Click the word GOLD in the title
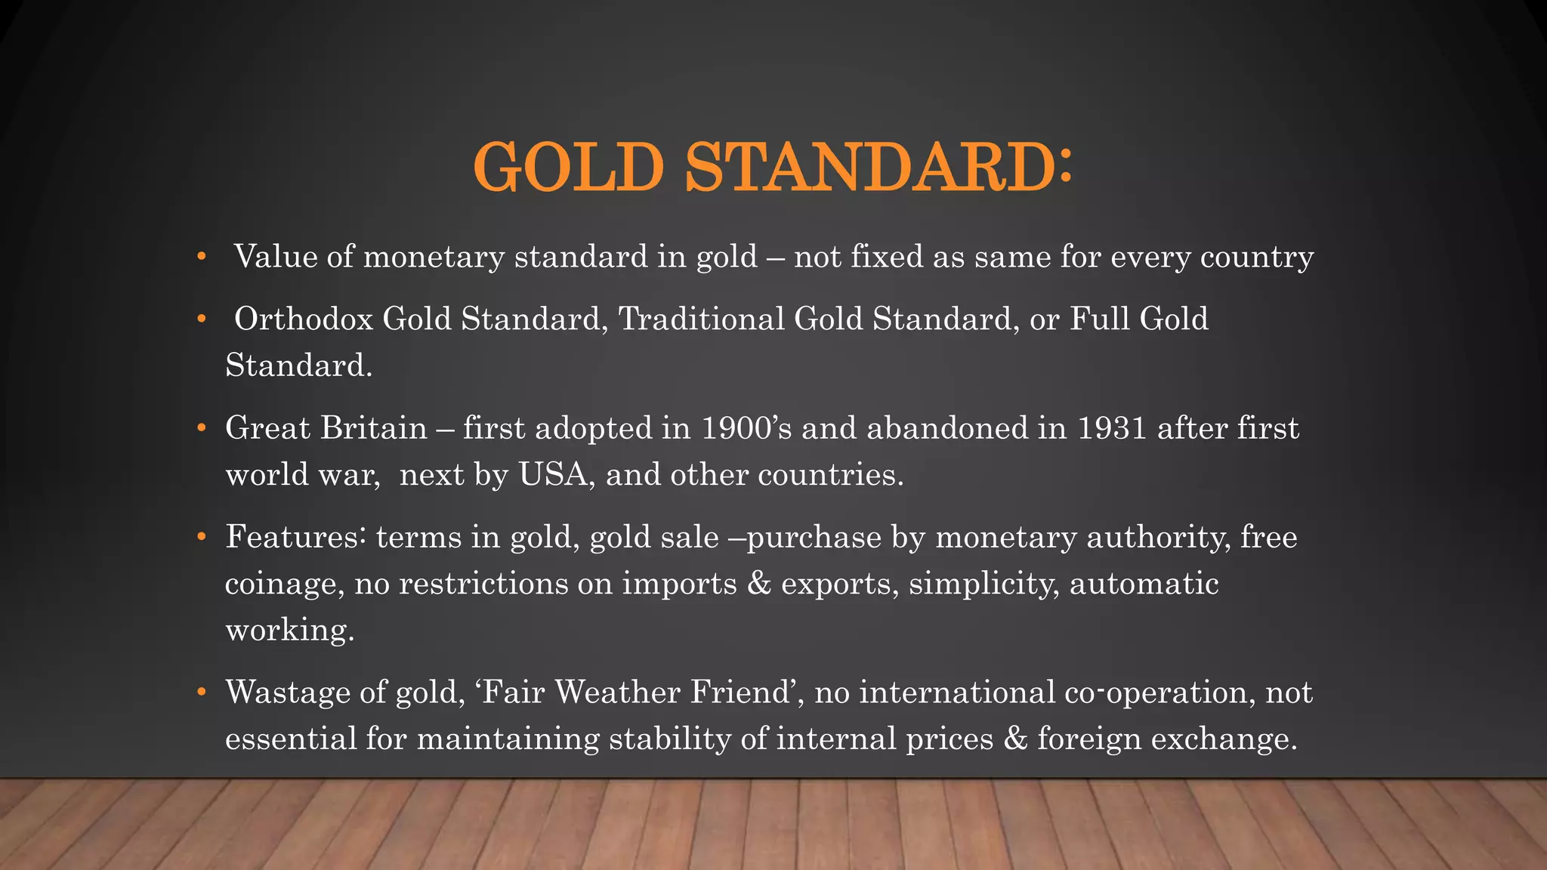tap(568, 168)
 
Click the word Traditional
tap(702, 319)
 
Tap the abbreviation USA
tap(552, 475)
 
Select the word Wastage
tap(288, 692)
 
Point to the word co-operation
tap(1156, 692)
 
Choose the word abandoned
tap(947, 428)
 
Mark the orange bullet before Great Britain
tap(201, 428)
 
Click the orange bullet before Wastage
tap(201, 692)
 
